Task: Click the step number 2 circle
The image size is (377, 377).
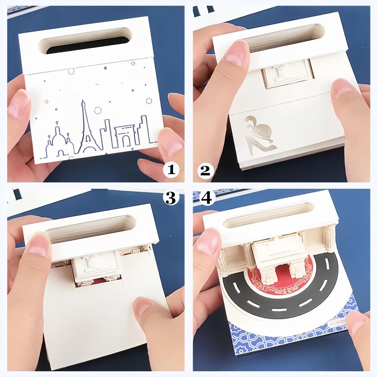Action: click(x=205, y=170)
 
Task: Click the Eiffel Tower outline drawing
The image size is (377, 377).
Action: click(x=88, y=129)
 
